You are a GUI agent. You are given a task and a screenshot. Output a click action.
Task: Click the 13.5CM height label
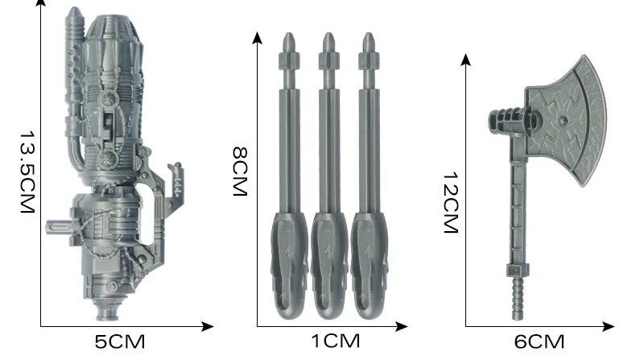click(27, 172)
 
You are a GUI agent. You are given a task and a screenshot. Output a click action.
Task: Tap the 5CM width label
click(120, 342)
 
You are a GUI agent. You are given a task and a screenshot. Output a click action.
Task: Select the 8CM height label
click(240, 172)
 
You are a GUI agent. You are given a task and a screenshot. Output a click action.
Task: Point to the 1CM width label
click(336, 341)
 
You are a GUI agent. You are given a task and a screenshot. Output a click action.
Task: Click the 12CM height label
click(451, 202)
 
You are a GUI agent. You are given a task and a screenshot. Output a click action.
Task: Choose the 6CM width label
click(539, 342)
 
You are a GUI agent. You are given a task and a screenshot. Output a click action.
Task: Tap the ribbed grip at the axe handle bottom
click(517, 298)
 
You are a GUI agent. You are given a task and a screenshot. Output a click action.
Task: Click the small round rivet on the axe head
click(563, 120)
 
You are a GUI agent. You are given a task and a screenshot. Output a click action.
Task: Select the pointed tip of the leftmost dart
click(289, 34)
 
